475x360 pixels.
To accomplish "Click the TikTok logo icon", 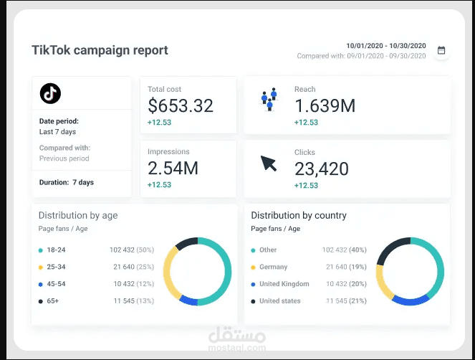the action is coord(50,93).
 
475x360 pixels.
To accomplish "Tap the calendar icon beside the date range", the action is coord(441,50).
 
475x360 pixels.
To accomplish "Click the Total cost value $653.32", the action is coord(181,106).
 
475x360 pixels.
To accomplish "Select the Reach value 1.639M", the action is coord(325,106).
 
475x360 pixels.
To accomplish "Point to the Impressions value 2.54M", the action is coord(173,169).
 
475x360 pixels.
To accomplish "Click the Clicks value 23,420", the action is coord(322,169).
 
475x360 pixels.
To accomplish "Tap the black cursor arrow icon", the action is coord(269,164).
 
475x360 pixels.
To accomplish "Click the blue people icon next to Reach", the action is coord(269,99).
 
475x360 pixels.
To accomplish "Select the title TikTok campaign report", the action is coord(100,50).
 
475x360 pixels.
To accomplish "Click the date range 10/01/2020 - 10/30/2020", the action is coord(386,46).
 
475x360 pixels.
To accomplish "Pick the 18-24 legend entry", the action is coord(52,250).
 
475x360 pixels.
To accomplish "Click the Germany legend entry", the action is coord(269,267).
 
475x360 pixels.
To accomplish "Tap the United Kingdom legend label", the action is coord(284,284).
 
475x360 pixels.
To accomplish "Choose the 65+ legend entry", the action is coord(49,301).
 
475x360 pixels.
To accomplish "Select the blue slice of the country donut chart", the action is coord(411,300).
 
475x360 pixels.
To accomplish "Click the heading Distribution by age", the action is coord(78,215).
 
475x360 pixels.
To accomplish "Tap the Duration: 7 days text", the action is coord(67,182).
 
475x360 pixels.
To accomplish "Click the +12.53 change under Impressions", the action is coord(159,185).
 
